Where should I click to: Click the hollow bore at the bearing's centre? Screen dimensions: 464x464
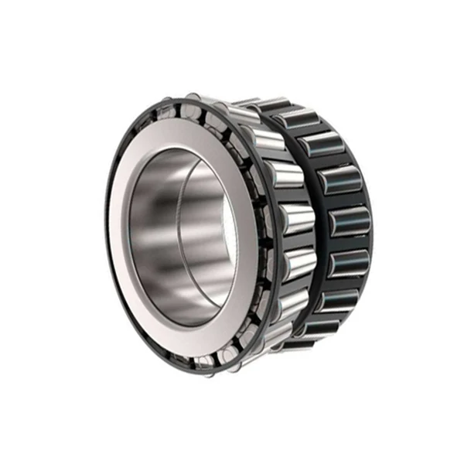(182, 232)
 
